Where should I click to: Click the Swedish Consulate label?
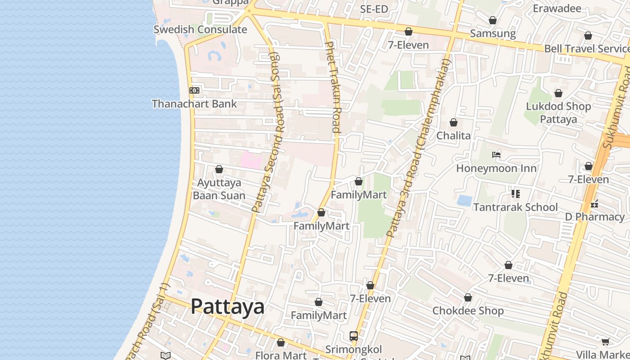tap(200, 30)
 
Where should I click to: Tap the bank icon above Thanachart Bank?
tap(194, 90)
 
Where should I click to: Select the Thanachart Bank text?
tap(194, 104)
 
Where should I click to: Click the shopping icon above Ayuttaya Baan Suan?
tap(219, 169)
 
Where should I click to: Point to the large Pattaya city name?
tap(227, 306)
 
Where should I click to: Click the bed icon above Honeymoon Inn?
tap(496, 155)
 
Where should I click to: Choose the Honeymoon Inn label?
tap(496, 168)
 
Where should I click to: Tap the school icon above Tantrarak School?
tap(515, 194)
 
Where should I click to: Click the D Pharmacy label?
tap(595, 217)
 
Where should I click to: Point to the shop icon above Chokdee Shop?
tap(468, 297)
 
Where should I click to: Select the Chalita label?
tap(454, 135)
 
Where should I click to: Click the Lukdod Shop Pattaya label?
tap(558, 113)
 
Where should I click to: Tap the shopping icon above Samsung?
tap(493, 20)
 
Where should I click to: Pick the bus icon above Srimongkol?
tap(354, 336)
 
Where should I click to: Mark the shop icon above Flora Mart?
tap(281, 342)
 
